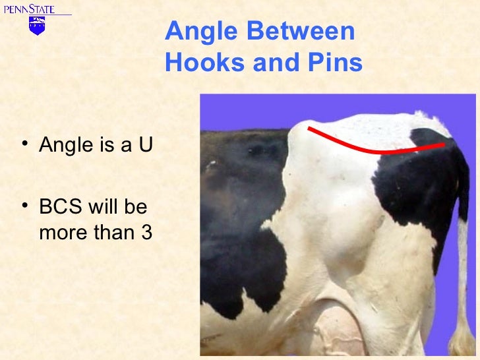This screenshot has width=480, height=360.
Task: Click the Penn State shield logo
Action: tap(37, 26)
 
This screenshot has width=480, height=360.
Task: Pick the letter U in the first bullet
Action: tap(144, 144)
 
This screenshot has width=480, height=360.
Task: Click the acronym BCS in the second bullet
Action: tap(58, 208)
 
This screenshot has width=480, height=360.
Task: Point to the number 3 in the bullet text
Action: tap(146, 233)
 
